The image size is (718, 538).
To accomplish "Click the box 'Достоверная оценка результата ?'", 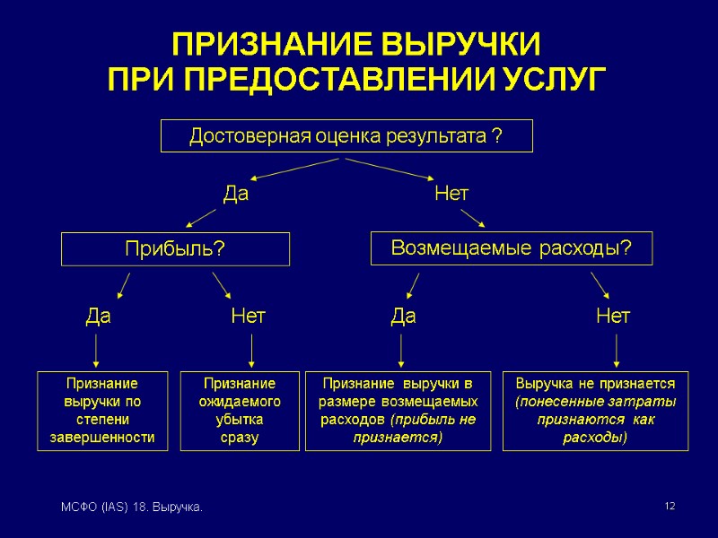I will pos(346,136).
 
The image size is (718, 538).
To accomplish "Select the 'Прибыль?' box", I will pos(175,249).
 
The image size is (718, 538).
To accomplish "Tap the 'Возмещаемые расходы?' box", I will pos(511,248).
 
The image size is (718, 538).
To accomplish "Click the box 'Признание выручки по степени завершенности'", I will pos(103,410).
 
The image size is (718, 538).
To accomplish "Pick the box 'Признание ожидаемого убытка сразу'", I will pos(240,410).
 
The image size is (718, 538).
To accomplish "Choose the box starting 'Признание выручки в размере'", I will pos(398,410).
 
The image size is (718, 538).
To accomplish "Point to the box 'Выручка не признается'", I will pos(595,410).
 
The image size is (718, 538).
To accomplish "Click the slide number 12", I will pos(669,508).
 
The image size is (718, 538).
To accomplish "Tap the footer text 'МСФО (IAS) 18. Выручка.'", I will pos(131,508).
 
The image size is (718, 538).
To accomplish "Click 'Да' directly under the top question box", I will pos(235,194).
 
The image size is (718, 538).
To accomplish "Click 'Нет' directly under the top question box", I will pos(451,194).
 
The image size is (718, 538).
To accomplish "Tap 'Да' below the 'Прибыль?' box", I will pos(98,316).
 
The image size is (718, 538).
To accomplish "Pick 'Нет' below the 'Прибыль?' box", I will pos(248,316).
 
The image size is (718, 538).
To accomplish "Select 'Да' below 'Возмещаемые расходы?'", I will pos(404,316).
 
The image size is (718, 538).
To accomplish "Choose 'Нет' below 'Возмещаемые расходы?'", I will pos(613,316).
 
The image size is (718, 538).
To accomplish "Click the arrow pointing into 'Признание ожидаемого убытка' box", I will pos(251,351).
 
